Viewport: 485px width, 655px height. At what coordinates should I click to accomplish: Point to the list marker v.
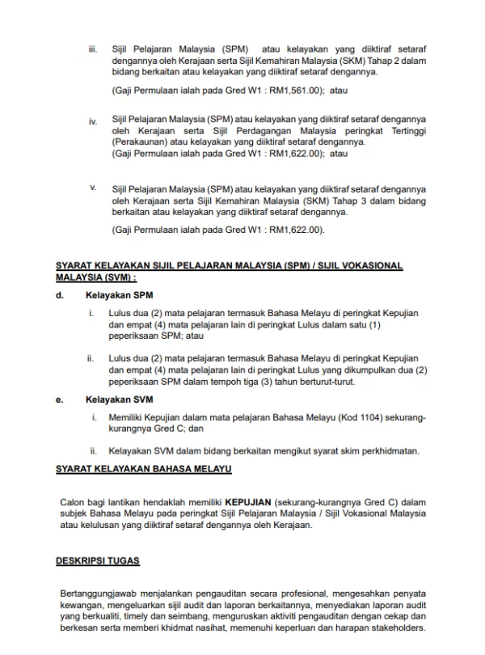click(93, 188)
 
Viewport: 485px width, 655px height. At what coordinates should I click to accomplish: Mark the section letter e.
click(59, 399)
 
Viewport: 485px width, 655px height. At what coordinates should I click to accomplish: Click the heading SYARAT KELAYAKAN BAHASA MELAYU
click(144, 469)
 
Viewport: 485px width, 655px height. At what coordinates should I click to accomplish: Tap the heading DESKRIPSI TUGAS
click(98, 559)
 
